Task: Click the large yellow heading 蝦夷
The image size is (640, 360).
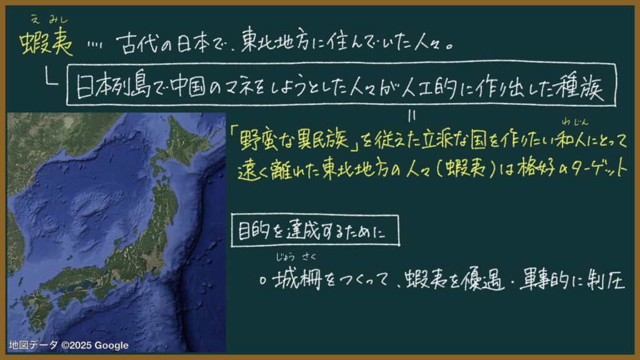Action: click(46, 42)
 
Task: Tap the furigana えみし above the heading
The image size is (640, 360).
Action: click(49, 19)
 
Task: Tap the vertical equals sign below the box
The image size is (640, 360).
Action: click(412, 116)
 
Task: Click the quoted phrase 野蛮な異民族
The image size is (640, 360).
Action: click(294, 139)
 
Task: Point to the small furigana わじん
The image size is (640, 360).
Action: click(575, 121)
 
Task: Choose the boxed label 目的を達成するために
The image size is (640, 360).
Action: click(315, 231)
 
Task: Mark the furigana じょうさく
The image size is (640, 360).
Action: click(296, 257)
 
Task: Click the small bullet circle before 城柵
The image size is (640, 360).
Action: click(263, 281)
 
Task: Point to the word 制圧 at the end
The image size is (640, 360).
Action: click(606, 281)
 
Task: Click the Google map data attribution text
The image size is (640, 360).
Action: click(69, 345)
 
